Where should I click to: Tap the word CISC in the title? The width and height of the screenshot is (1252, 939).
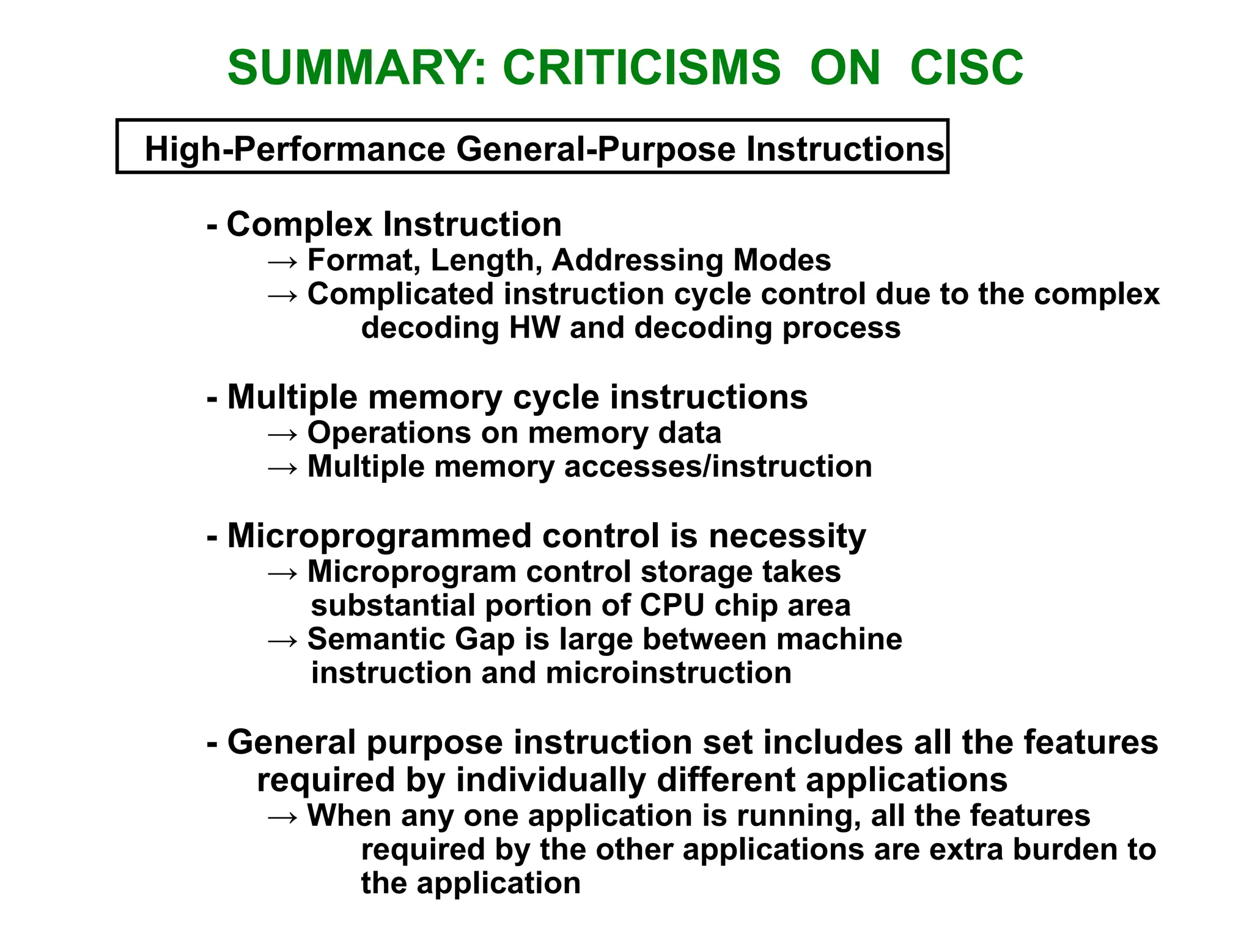pyautogui.click(x=967, y=67)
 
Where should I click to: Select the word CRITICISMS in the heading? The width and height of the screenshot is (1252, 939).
pyautogui.click(x=641, y=67)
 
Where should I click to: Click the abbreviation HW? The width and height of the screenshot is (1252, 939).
pyautogui.click(x=534, y=328)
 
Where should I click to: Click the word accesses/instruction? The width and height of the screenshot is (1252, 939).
pyautogui.click(x=718, y=467)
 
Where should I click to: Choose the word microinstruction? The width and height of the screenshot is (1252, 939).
pyautogui.click(x=668, y=673)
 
